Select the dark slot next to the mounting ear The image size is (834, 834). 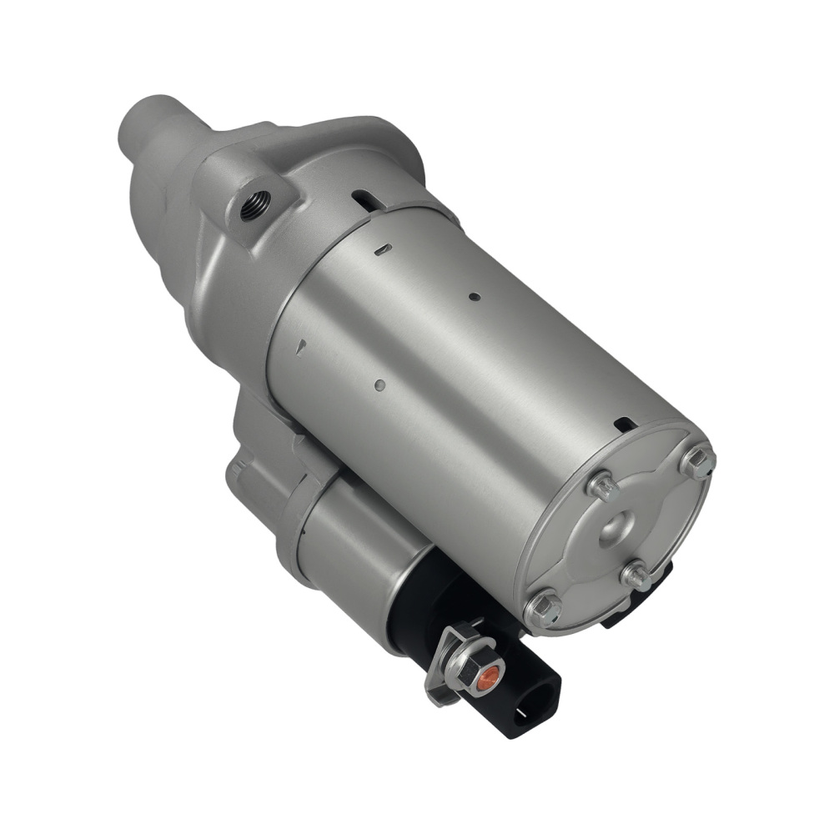pyautogui.click(x=364, y=200)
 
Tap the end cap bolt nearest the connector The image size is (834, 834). pyautogui.click(x=543, y=608)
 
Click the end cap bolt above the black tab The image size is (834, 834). pyautogui.click(x=638, y=575)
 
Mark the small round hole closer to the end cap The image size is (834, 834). pyautogui.click(x=474, y=296)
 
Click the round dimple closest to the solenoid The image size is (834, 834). pyautogui.click(x=379, y=384)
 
